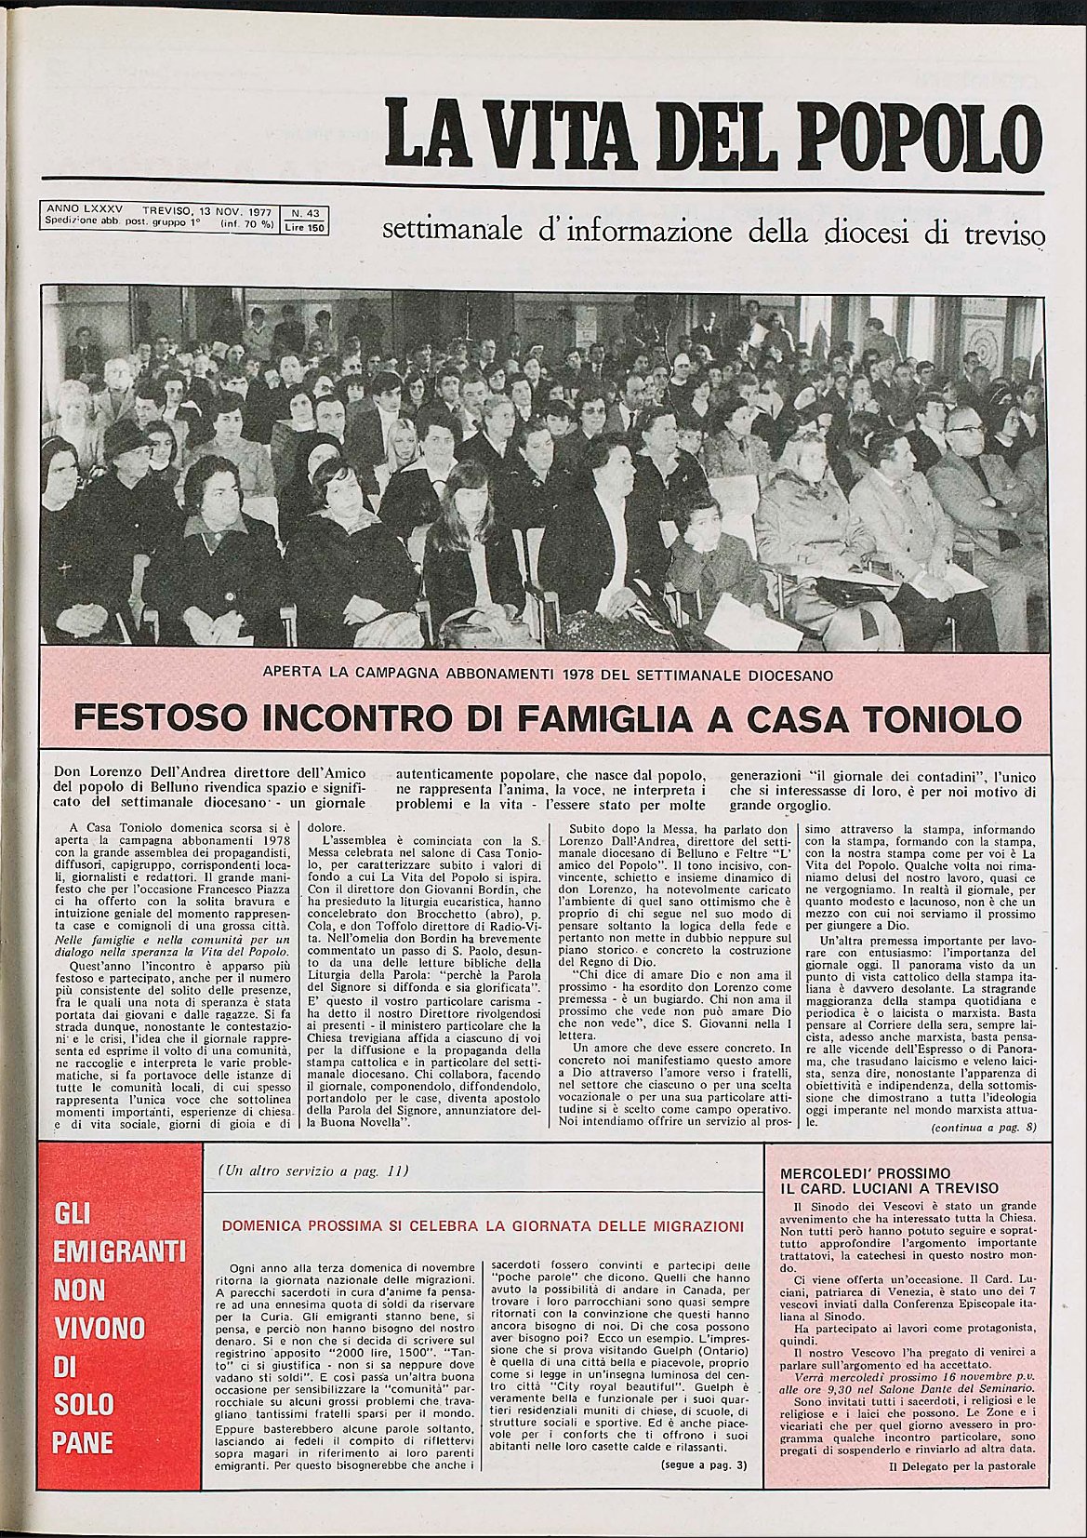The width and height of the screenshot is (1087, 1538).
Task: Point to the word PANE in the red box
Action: click(x=84, y=1443)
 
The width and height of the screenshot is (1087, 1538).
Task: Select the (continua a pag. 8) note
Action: click(x=984, y=1129)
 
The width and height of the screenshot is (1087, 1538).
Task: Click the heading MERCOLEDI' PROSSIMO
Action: click(x=865, y=1173)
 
